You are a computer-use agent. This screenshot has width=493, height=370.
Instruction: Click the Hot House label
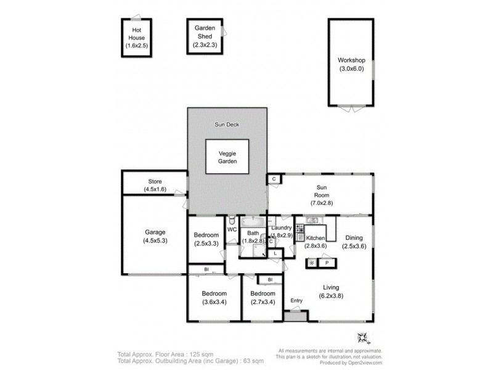tap(136, 38)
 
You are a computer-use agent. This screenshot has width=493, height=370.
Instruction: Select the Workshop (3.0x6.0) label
tap(351, 64)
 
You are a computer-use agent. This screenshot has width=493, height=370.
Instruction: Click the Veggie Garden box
tap(228, 157)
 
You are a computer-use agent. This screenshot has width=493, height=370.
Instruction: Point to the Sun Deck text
tap(227, 125)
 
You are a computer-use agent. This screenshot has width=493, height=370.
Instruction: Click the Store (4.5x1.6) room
tap(154, 185)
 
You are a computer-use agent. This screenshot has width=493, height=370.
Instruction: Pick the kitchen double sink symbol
tap(312, 220)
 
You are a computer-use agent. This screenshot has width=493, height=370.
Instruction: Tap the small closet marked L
tap(275, 253)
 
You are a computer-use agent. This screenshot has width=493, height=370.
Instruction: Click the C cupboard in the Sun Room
tap(274, 179)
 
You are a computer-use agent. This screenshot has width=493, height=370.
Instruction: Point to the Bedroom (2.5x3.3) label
tap(205, 239)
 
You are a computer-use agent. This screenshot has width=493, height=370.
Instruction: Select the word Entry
tap(297, 301)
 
